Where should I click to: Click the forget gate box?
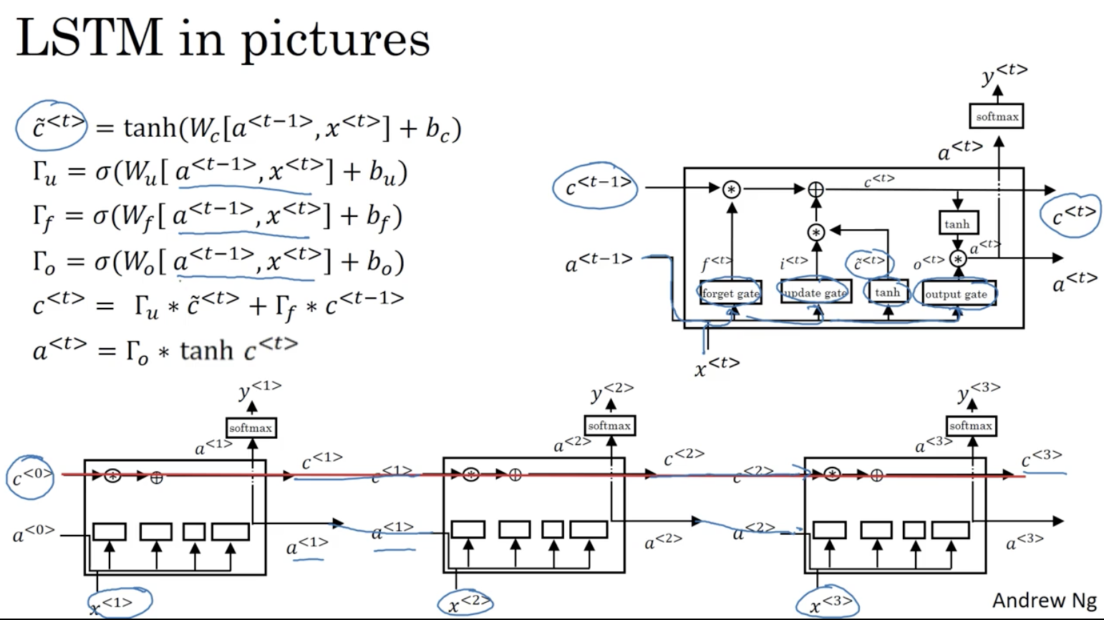pos(730,293)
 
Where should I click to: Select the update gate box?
pos(815,292)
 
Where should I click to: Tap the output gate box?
pos(957,294)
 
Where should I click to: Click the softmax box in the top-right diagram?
pos(997,116)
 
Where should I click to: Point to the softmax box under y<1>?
pos(250,427)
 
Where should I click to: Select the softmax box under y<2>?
pos(609,425)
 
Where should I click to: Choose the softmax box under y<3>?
pos(970,425)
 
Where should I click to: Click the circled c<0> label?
pos(31,475)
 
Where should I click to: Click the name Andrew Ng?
pos(1044,600)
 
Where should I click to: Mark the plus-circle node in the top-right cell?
pos(815,189)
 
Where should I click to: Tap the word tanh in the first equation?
pos(150,128)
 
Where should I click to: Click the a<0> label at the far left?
pos(33,533)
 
